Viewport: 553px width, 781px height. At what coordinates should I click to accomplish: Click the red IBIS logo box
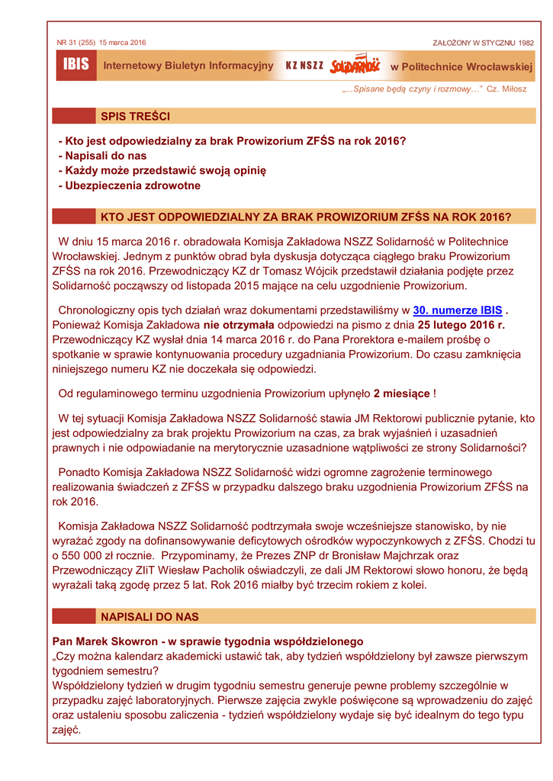(75, 66)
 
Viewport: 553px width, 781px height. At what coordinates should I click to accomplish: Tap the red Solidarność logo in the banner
(355, 66)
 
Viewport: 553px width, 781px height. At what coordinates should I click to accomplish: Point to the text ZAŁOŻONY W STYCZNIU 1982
(483, 43)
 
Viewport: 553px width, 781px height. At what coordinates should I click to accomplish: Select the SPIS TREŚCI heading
(135, 117)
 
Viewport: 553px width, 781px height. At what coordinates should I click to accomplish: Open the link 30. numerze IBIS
(458, 310)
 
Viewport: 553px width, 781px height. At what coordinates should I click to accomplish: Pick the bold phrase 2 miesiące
(401, 394)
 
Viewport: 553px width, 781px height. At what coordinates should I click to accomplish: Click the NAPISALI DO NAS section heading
(150, 616)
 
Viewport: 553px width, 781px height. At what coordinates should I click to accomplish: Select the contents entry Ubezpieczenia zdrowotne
(132, 185)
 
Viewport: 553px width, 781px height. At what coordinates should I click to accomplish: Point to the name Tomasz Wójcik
(297, 271)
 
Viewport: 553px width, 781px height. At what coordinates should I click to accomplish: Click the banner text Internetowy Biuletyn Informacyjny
(188, 66)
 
